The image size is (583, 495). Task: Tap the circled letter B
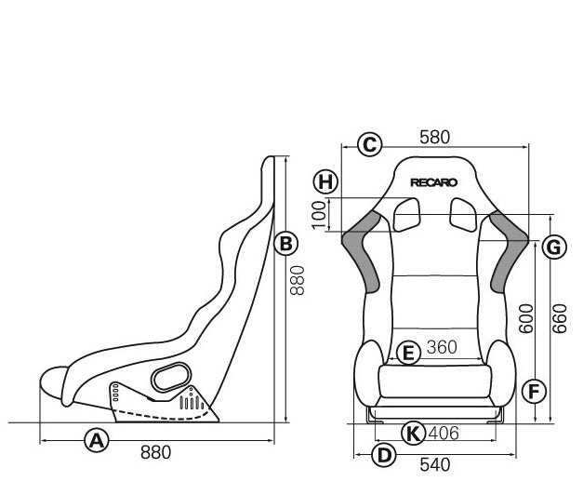click(x=286, y=244)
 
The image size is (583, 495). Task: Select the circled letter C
click(x=369, y=143)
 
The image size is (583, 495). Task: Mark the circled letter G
click(x=552, y=247)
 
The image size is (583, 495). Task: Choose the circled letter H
click(x=324, y=181)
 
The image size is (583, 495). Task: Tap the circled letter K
click(x=414, y=432)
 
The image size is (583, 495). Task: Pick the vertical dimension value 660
click(x=559, y=321)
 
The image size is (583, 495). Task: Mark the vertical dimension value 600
click(x=526, y=321)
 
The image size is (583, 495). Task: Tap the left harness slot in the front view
click(x=406, y=216)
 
